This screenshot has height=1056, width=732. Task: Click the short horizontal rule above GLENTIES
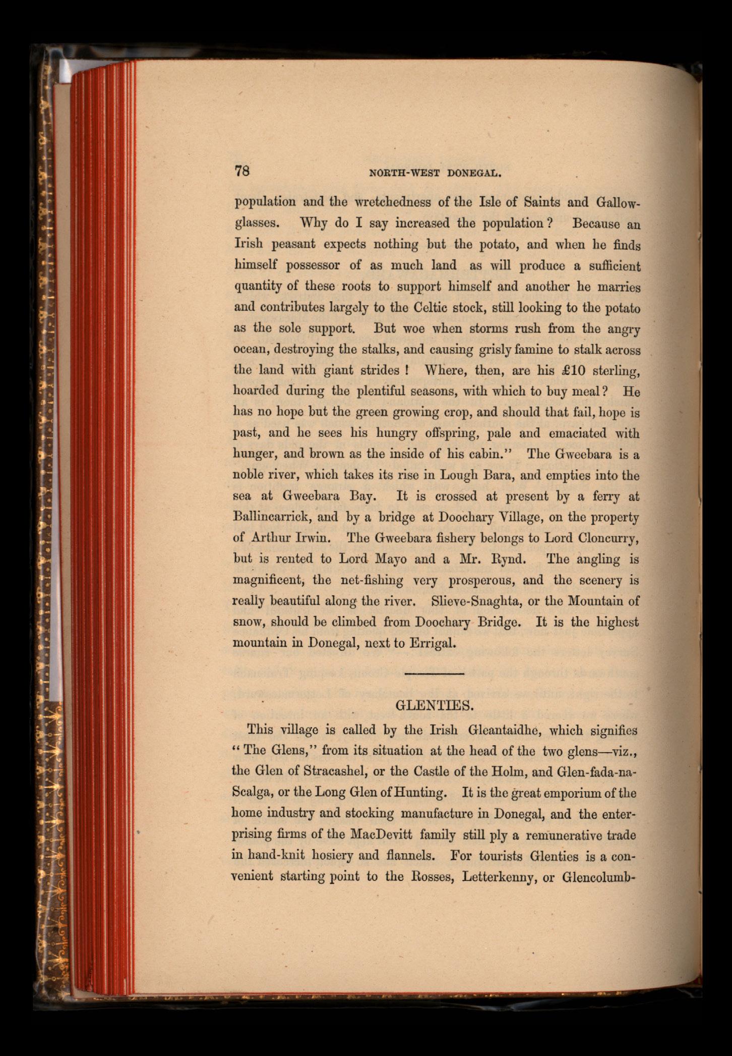pos(434,674)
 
